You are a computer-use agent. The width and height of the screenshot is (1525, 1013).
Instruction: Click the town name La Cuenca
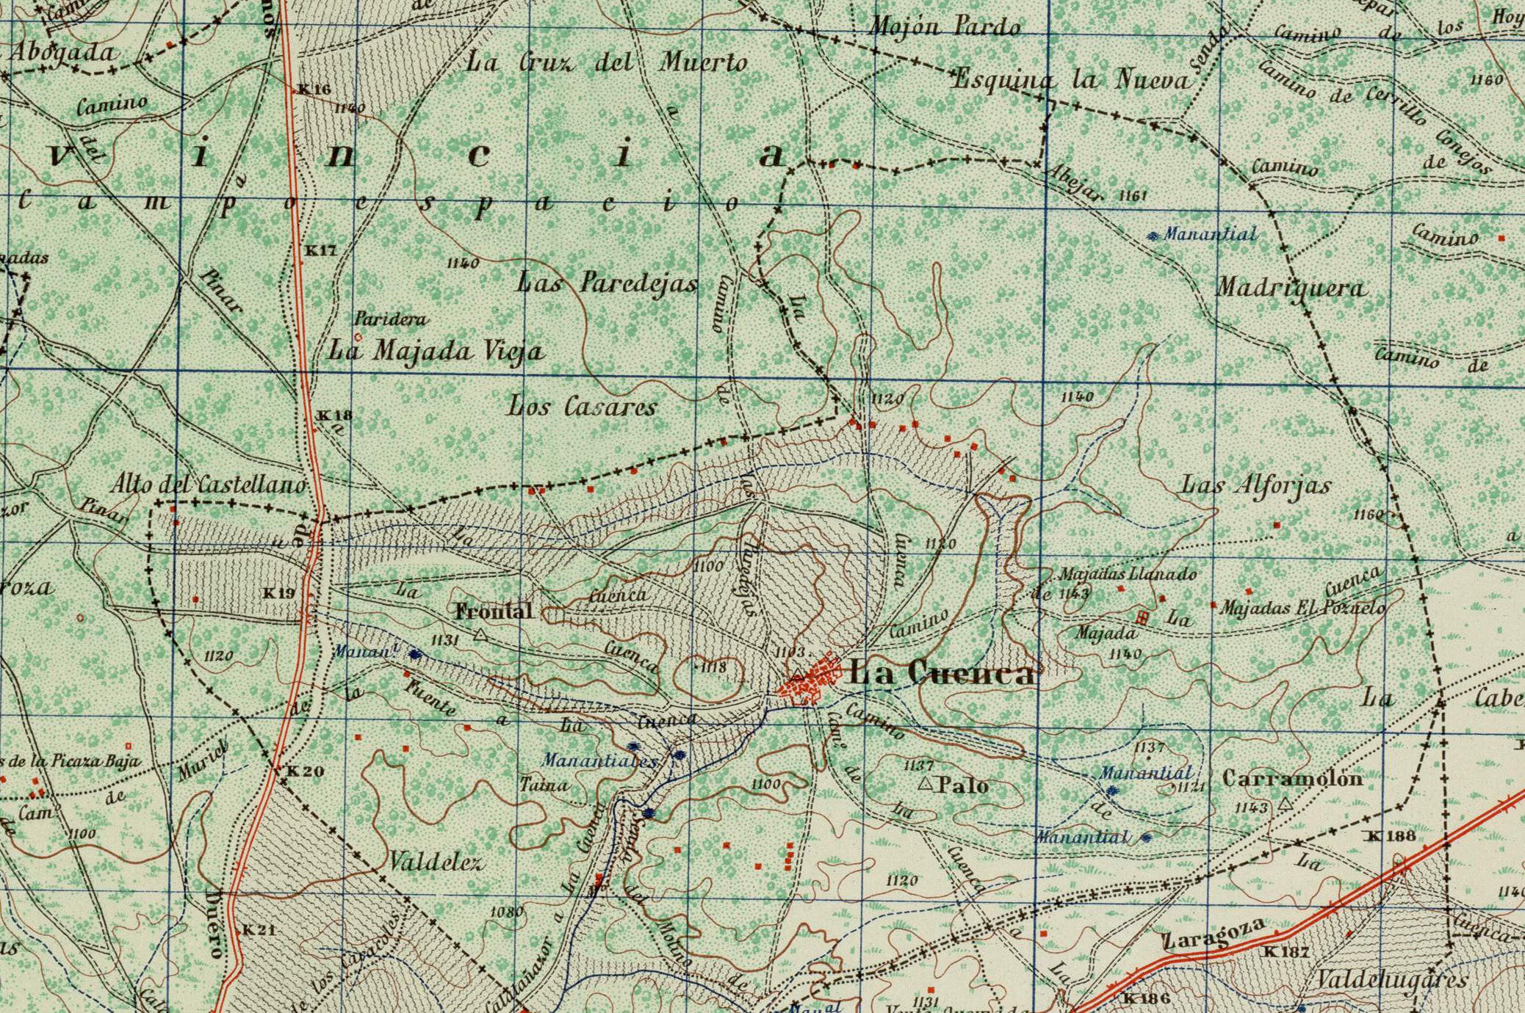point(942,673)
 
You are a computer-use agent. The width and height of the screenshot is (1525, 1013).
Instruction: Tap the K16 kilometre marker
point(314,90)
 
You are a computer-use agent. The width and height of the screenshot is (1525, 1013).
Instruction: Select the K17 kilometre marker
point(321,250)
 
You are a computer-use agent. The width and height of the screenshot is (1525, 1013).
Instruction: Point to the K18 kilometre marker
point(334,415)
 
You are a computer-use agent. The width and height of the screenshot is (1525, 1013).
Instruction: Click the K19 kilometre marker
point(279,593)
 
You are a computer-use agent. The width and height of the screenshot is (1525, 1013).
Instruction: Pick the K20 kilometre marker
point(304,771)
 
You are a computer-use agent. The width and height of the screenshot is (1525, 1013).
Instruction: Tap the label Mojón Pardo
point(945,28)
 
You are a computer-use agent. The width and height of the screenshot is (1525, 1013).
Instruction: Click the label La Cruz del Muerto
point(607,62)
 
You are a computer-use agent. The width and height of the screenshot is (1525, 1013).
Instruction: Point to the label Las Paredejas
point(607,282)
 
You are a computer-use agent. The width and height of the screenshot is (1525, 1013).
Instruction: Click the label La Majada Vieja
point(436,351)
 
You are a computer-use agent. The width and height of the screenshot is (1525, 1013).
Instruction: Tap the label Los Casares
point(582,406)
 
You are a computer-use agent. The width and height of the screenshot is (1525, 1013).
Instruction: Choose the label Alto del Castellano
point(208,484)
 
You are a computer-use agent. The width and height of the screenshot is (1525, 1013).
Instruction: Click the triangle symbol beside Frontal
point(480,634)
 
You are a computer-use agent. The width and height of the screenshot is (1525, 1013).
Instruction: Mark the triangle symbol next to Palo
point(926,785)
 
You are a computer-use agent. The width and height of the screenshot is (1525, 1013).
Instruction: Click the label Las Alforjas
point(1255,485)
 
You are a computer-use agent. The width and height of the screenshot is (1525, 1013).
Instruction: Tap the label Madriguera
point(1291,288)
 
